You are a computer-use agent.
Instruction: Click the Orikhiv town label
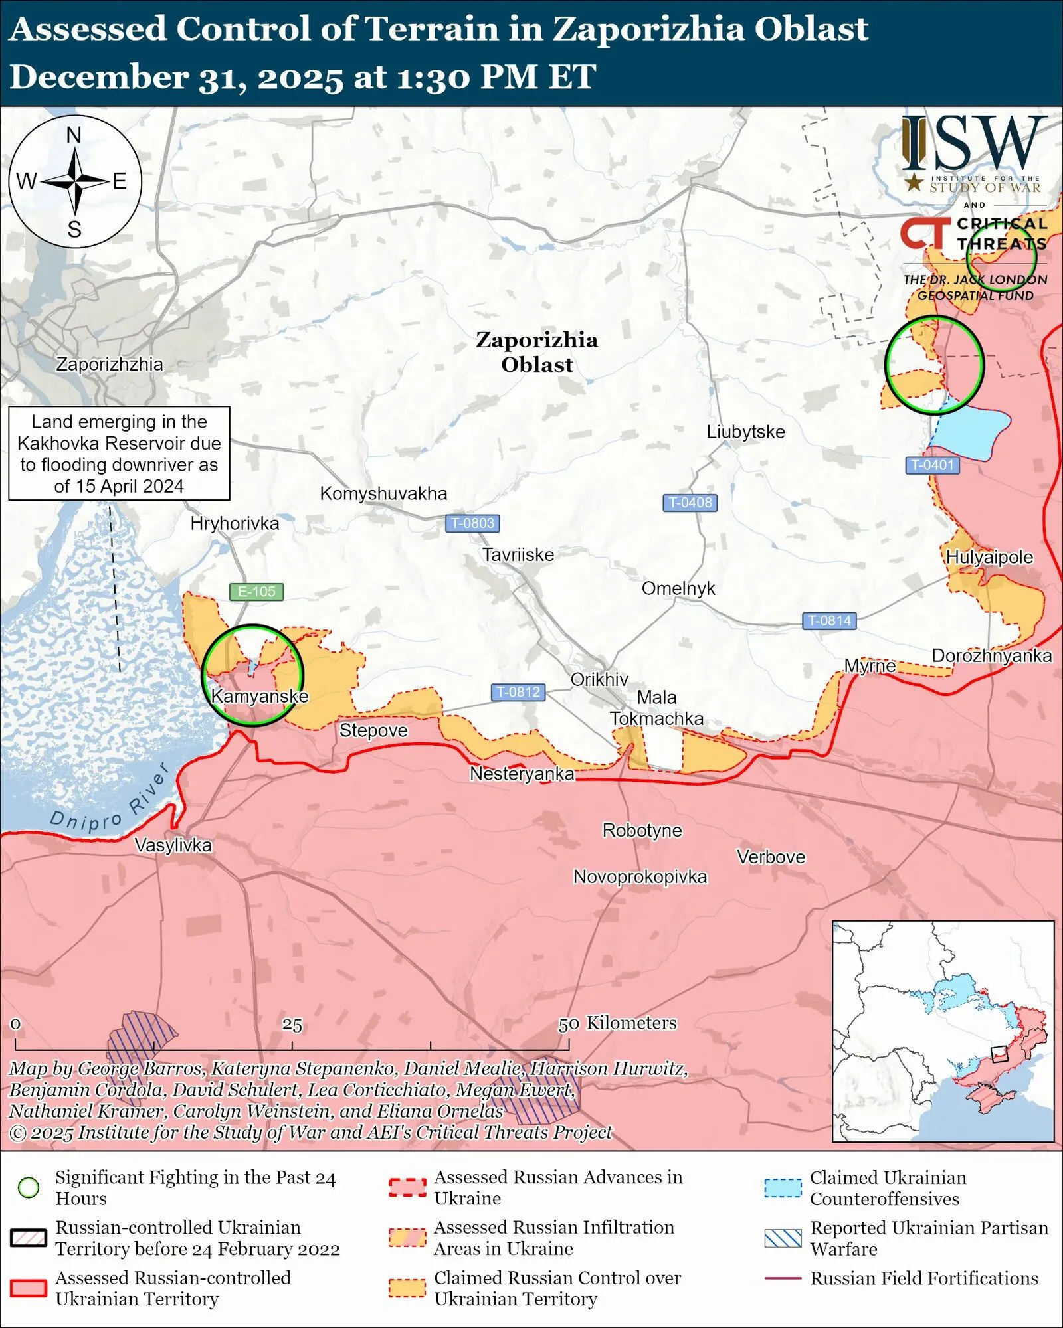coord(599,679)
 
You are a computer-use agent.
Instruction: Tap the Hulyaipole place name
coord(989,557)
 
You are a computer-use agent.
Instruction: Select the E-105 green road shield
coord(256,591)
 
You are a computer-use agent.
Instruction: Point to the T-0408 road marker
coord(690,503)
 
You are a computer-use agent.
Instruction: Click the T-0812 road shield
coord(518,692)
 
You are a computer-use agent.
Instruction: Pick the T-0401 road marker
coord(932,465)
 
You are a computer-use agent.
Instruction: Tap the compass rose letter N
coord(74,135)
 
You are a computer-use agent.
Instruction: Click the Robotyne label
coord(642,831)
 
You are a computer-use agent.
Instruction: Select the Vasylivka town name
coord(173,845)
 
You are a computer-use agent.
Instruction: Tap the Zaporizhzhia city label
coord(109,364)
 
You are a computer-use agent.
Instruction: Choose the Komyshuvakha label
coord(383,493)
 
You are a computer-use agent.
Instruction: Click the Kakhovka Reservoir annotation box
coord(119,454)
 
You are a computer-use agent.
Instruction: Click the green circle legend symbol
coord(29,1187)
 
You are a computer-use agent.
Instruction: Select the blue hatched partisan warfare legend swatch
coord(783,1238)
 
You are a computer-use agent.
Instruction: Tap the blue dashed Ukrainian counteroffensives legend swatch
coord(783,1187)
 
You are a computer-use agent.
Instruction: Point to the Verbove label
coord(771,857)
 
